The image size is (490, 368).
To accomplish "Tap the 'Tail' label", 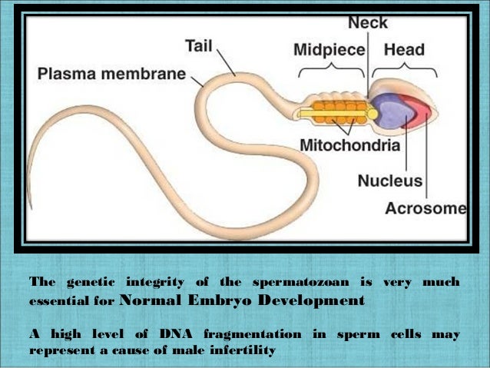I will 198,47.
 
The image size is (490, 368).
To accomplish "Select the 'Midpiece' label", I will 329,51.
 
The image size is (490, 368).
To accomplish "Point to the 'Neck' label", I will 368,24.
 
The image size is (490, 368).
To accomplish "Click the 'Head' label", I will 404,51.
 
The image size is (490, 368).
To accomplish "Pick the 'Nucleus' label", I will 389,181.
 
